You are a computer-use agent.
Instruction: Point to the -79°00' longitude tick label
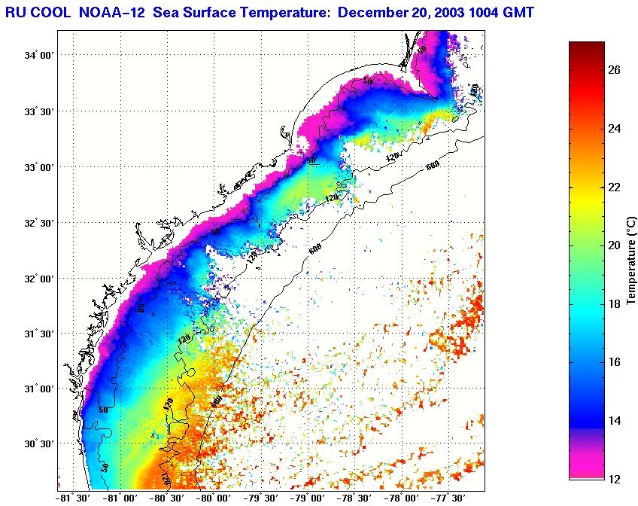(x=308, y=498)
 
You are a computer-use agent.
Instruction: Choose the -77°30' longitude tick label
(x=448, y=498)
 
